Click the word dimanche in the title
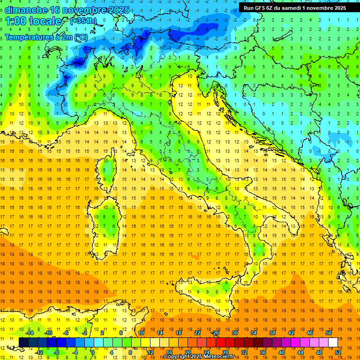tap(26, 10)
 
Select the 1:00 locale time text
tap(33, 21)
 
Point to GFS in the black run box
tap(262, 7)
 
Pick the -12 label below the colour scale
tap(39, 352)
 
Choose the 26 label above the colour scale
tap(216, 333)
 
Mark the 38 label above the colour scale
tap(272, 333)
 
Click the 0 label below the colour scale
tap(93, 352)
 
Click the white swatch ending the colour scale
tap(333, 342)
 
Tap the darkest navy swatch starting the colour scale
tap(23, 342)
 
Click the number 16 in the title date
tap(55, 10)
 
